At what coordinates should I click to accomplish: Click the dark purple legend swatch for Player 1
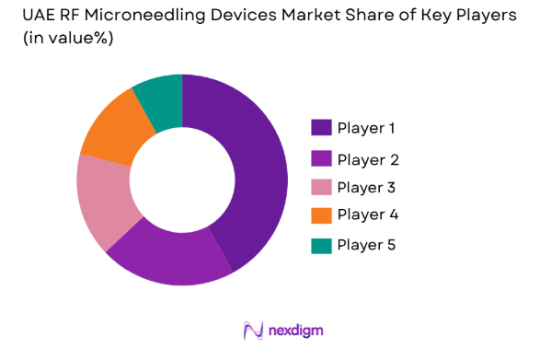click(x=321, y=127)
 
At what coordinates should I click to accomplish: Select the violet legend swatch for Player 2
click(x=321, y=158)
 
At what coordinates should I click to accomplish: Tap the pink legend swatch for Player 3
click(x=321, y=187)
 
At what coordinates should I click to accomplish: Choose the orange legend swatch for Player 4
click(x=321, y=215)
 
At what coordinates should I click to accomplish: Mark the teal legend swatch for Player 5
click(x=321, y=245)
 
